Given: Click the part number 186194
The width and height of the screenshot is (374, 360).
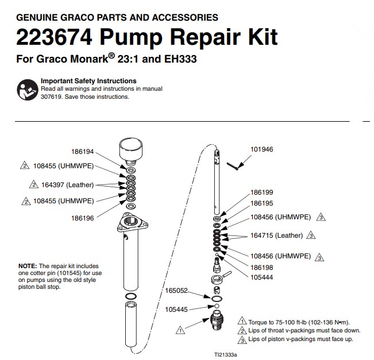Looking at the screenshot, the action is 83,152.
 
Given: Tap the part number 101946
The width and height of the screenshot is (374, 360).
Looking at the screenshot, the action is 261,149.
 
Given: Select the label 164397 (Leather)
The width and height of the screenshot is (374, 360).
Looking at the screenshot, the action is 67,185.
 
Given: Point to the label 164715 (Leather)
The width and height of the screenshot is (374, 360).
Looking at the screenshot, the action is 276,235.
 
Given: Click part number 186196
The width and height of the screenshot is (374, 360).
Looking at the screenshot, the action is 83,218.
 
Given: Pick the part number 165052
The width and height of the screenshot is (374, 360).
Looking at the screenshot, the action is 176,291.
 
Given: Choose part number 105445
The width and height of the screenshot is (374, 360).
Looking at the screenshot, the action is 176,309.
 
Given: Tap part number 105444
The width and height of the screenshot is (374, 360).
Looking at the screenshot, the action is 261,277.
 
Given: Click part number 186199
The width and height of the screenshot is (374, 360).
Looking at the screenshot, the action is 261,192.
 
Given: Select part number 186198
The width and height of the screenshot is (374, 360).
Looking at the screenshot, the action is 261,268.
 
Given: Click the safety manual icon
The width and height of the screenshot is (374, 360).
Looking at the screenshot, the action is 28,90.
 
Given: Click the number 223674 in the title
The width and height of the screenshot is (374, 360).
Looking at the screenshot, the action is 54,37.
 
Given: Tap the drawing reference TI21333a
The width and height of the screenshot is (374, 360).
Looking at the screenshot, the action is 225,355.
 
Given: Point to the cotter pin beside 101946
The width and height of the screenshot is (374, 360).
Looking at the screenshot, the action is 233,166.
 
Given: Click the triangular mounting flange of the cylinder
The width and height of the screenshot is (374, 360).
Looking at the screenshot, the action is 132,222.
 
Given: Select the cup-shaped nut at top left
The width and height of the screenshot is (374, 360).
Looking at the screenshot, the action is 131,152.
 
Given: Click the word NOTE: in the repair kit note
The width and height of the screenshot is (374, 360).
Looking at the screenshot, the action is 28,266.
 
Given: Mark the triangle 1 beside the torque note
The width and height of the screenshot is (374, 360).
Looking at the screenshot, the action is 242,320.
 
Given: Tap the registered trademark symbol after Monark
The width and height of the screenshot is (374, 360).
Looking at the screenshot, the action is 111,56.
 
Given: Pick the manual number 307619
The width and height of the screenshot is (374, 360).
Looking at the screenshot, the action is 51,97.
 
